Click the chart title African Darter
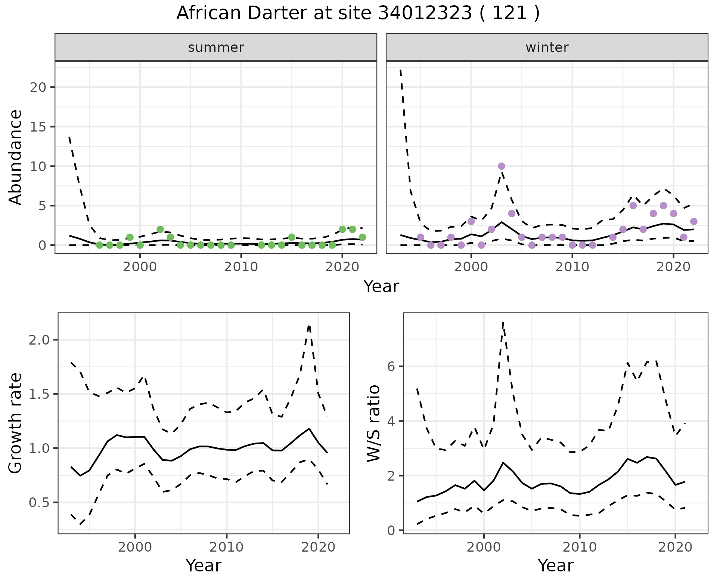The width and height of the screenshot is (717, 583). [358, 13]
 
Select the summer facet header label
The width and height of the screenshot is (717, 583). [216, 47]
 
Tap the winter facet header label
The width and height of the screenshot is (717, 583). [547, 47]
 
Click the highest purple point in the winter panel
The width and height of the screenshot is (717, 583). [502, 166]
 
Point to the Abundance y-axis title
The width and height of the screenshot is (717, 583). [16, 157]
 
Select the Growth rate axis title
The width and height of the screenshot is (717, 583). [16, 423]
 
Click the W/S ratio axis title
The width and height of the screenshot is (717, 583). [373, 423]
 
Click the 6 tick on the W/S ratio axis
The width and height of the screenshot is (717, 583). [391, 366]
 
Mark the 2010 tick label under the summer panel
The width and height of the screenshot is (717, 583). [241, 267]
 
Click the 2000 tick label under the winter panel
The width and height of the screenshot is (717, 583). [471, 267]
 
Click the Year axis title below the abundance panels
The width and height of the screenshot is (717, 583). [381, 287]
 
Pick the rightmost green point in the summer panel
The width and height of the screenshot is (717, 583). [362, 237]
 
